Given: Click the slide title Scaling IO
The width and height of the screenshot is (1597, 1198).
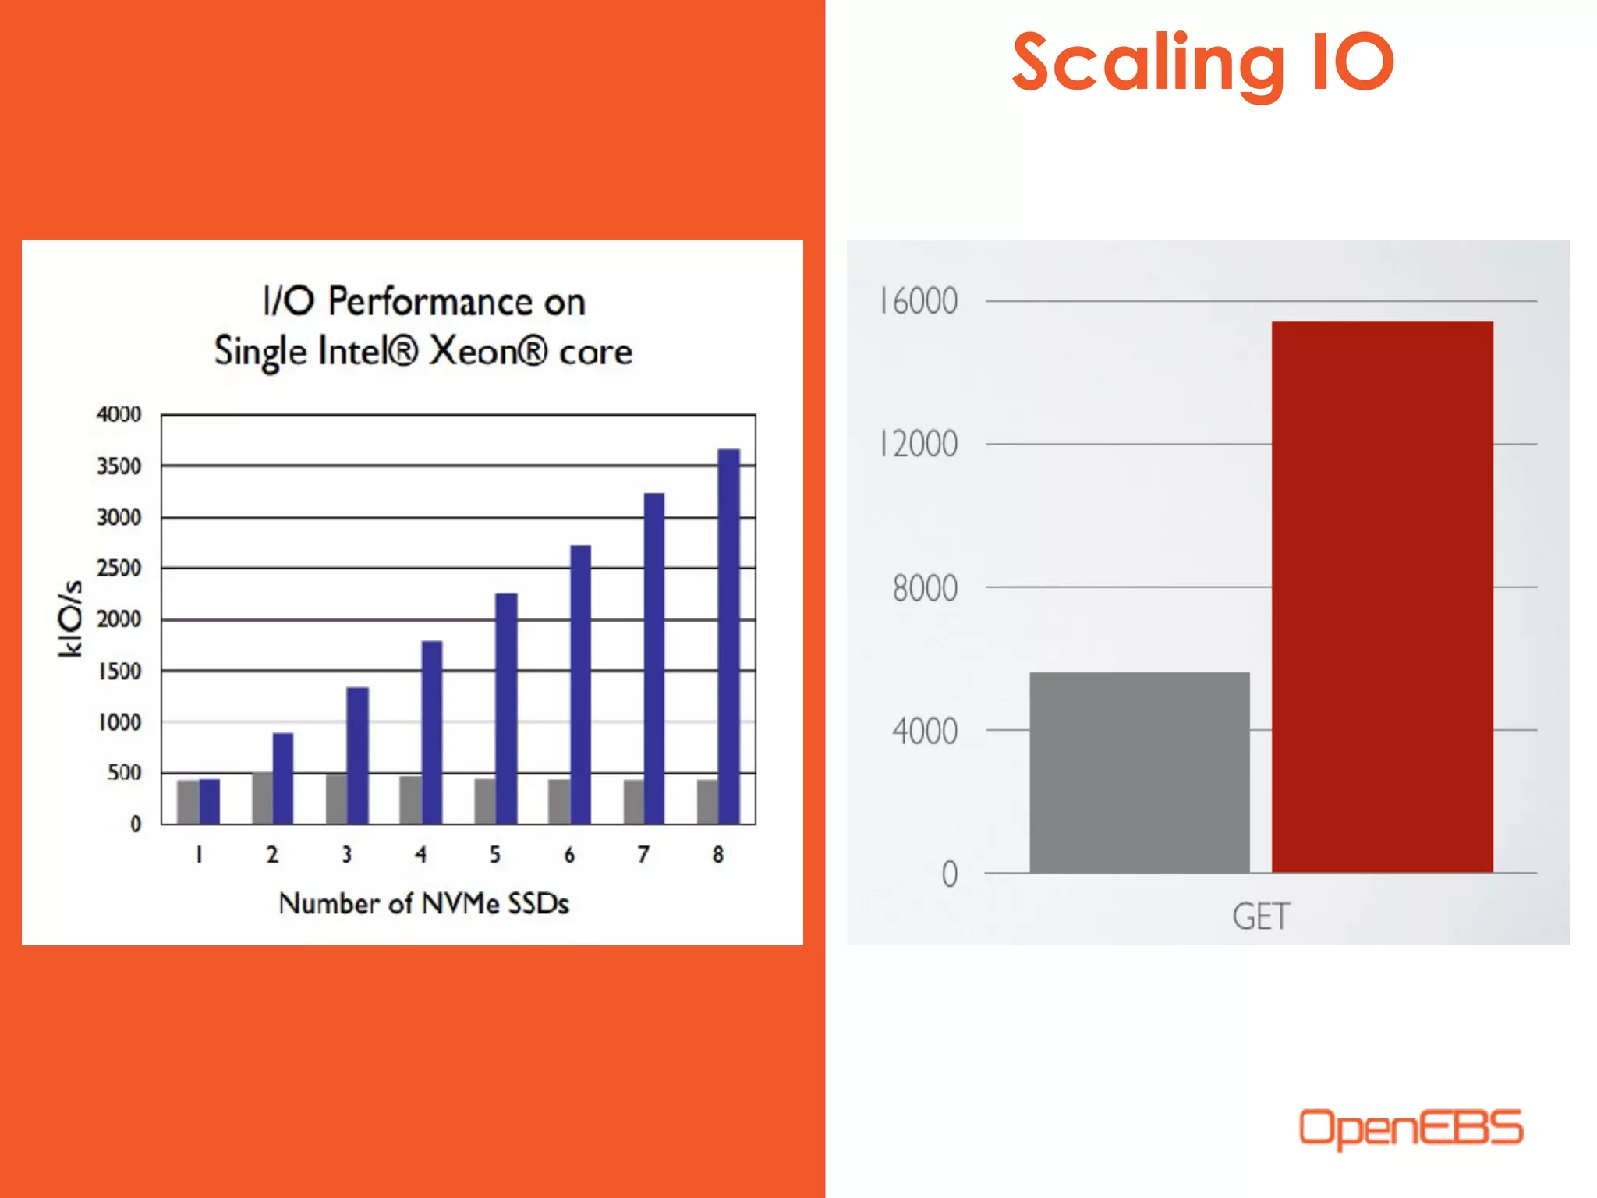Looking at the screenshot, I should tap(1202, 64).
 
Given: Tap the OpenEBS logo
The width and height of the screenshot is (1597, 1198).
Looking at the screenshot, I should tap(1410, 1128).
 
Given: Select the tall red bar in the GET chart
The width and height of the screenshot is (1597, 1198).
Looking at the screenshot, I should tap(1382, 597).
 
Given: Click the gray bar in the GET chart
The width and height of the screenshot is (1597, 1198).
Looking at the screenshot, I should tap(1139, 772).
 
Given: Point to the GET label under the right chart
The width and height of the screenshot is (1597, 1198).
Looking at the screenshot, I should tap(1261, 916).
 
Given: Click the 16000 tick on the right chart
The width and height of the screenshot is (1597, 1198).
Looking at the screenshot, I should tap(919, 301).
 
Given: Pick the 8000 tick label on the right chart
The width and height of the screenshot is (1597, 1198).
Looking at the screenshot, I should tap(925, 588).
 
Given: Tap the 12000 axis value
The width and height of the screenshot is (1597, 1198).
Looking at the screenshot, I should tap(919, 445).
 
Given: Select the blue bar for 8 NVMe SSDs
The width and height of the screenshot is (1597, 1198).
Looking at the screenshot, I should tap(728, 636).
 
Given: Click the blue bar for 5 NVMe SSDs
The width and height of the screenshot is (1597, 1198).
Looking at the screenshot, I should tap(506, 708).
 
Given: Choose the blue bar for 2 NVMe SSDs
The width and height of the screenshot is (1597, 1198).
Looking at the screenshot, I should tap(283, 778).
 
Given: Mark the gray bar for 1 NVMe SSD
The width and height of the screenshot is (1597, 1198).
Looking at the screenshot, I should tap(188, 802).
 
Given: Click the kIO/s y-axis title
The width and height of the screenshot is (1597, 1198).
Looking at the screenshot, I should tap(70, 618).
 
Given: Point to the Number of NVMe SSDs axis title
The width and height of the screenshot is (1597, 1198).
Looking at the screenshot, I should tap(423, 903).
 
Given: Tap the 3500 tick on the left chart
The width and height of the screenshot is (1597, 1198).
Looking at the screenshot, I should tap(119, 466).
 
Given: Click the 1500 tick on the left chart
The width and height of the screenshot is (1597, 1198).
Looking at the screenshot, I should tap(119, 672).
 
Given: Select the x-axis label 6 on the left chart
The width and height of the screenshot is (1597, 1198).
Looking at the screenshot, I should tap(569, 855).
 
